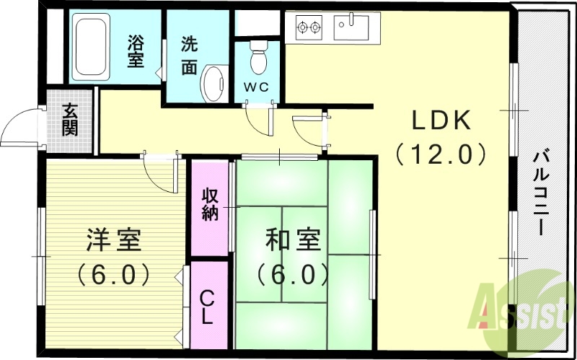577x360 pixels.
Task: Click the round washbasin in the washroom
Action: coord(213,84)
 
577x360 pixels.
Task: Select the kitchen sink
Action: coord(351,27)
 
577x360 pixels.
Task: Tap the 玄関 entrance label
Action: coord(69,120)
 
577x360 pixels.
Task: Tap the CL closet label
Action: coord(207,307)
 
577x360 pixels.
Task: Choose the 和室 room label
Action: coord(293,241)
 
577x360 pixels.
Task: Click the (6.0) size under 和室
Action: coord(293,274)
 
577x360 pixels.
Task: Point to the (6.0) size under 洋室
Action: coord(114,274)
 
